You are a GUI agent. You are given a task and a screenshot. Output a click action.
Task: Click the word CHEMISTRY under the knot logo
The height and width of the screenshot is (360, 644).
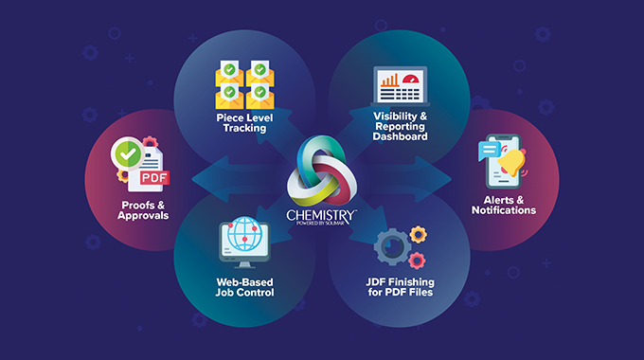321,216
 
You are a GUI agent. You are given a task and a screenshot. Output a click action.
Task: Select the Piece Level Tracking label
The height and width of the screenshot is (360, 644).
244,121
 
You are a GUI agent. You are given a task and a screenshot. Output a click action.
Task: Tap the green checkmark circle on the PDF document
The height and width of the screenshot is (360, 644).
127,153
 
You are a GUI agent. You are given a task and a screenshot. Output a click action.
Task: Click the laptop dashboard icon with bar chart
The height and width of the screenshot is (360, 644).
401,88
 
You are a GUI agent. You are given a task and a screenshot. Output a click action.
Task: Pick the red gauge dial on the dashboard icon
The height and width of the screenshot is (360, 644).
414,80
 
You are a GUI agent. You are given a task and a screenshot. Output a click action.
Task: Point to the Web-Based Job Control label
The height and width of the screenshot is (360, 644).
244,286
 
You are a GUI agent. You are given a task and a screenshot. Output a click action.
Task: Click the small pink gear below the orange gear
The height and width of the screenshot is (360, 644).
417,259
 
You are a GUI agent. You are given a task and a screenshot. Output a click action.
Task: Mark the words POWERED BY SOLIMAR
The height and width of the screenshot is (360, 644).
321,225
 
